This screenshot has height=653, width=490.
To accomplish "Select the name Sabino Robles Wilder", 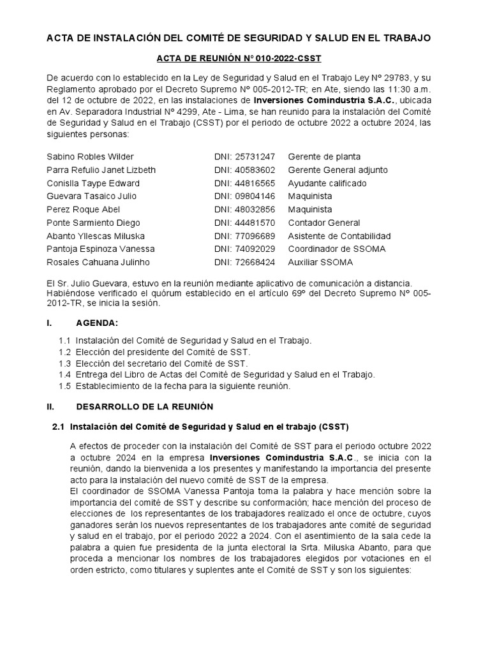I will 91,156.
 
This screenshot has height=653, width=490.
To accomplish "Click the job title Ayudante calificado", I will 327,183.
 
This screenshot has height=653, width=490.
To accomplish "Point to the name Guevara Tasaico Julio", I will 91,196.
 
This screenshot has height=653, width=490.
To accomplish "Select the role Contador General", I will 324,223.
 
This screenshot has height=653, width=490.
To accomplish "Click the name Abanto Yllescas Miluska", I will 96,236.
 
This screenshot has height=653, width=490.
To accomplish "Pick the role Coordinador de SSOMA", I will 337,249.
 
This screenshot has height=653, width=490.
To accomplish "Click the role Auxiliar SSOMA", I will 320,262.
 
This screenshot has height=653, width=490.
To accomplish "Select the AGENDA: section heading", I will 97,324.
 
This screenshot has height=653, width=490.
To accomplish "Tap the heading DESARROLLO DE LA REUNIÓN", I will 145,406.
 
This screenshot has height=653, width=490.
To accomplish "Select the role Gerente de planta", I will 324,156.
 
